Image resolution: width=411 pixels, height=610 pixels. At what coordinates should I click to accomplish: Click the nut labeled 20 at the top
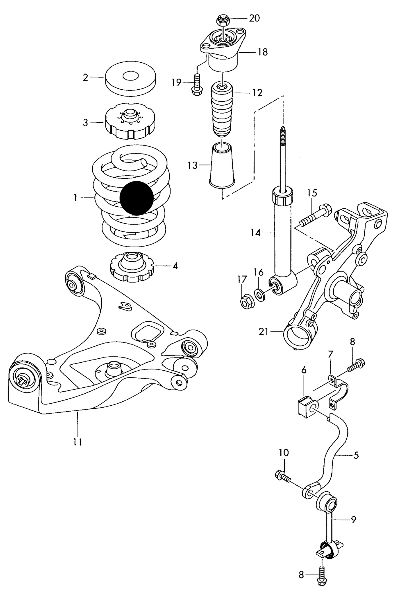222,20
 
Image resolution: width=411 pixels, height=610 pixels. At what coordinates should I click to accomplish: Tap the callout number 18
263,52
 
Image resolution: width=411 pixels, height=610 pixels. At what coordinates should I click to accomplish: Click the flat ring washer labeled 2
131,80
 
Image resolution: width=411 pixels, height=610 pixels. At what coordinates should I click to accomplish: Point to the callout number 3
85,123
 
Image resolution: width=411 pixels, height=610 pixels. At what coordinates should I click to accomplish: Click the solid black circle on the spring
137,198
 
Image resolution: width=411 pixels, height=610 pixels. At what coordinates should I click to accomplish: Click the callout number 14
256,233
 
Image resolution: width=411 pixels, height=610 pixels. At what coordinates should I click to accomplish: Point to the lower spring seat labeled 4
131,268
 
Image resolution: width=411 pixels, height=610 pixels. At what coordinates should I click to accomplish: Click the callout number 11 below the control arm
77,442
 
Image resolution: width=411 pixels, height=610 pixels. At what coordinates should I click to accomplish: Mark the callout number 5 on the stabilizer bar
356,455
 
